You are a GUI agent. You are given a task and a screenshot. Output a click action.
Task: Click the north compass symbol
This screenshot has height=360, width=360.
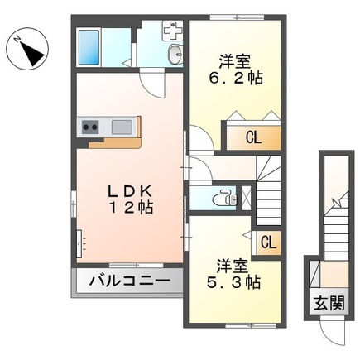pos(27,50)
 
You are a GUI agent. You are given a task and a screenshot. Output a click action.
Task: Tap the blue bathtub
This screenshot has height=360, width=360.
pos(89,47)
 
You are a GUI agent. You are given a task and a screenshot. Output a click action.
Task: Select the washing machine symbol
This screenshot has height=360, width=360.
pos(173,31)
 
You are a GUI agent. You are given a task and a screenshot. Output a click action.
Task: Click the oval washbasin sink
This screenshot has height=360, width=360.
pos(175,55)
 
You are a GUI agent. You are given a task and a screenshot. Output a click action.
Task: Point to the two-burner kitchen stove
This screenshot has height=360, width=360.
pos(90,127)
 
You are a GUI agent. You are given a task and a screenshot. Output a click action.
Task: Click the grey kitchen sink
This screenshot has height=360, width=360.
pos(122,127)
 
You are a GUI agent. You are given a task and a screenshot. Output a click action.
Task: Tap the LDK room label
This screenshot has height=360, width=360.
pos(130,191)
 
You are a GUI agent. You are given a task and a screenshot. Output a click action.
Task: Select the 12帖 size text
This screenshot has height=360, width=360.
pos(132,208)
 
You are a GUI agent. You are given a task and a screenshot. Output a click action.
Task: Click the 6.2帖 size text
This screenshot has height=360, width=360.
pos(236,78)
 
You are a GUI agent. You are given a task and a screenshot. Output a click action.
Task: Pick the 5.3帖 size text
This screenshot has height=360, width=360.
pos(233,282)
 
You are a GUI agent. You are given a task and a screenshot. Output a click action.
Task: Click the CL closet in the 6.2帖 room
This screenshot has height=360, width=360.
pos(253,137)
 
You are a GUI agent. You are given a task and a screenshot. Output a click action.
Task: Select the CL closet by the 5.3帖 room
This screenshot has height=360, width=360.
pos(268,243)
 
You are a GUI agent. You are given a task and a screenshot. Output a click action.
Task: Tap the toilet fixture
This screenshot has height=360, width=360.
pos(225,198)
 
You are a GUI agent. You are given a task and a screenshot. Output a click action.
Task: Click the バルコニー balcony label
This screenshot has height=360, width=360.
pos(129,281)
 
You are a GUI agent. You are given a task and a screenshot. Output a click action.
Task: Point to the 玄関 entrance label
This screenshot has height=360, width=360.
pos(330,303)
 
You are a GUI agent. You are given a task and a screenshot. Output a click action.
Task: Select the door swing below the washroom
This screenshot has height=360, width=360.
pos(152,84)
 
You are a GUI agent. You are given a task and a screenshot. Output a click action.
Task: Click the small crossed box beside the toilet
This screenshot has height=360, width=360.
pos(246,198)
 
